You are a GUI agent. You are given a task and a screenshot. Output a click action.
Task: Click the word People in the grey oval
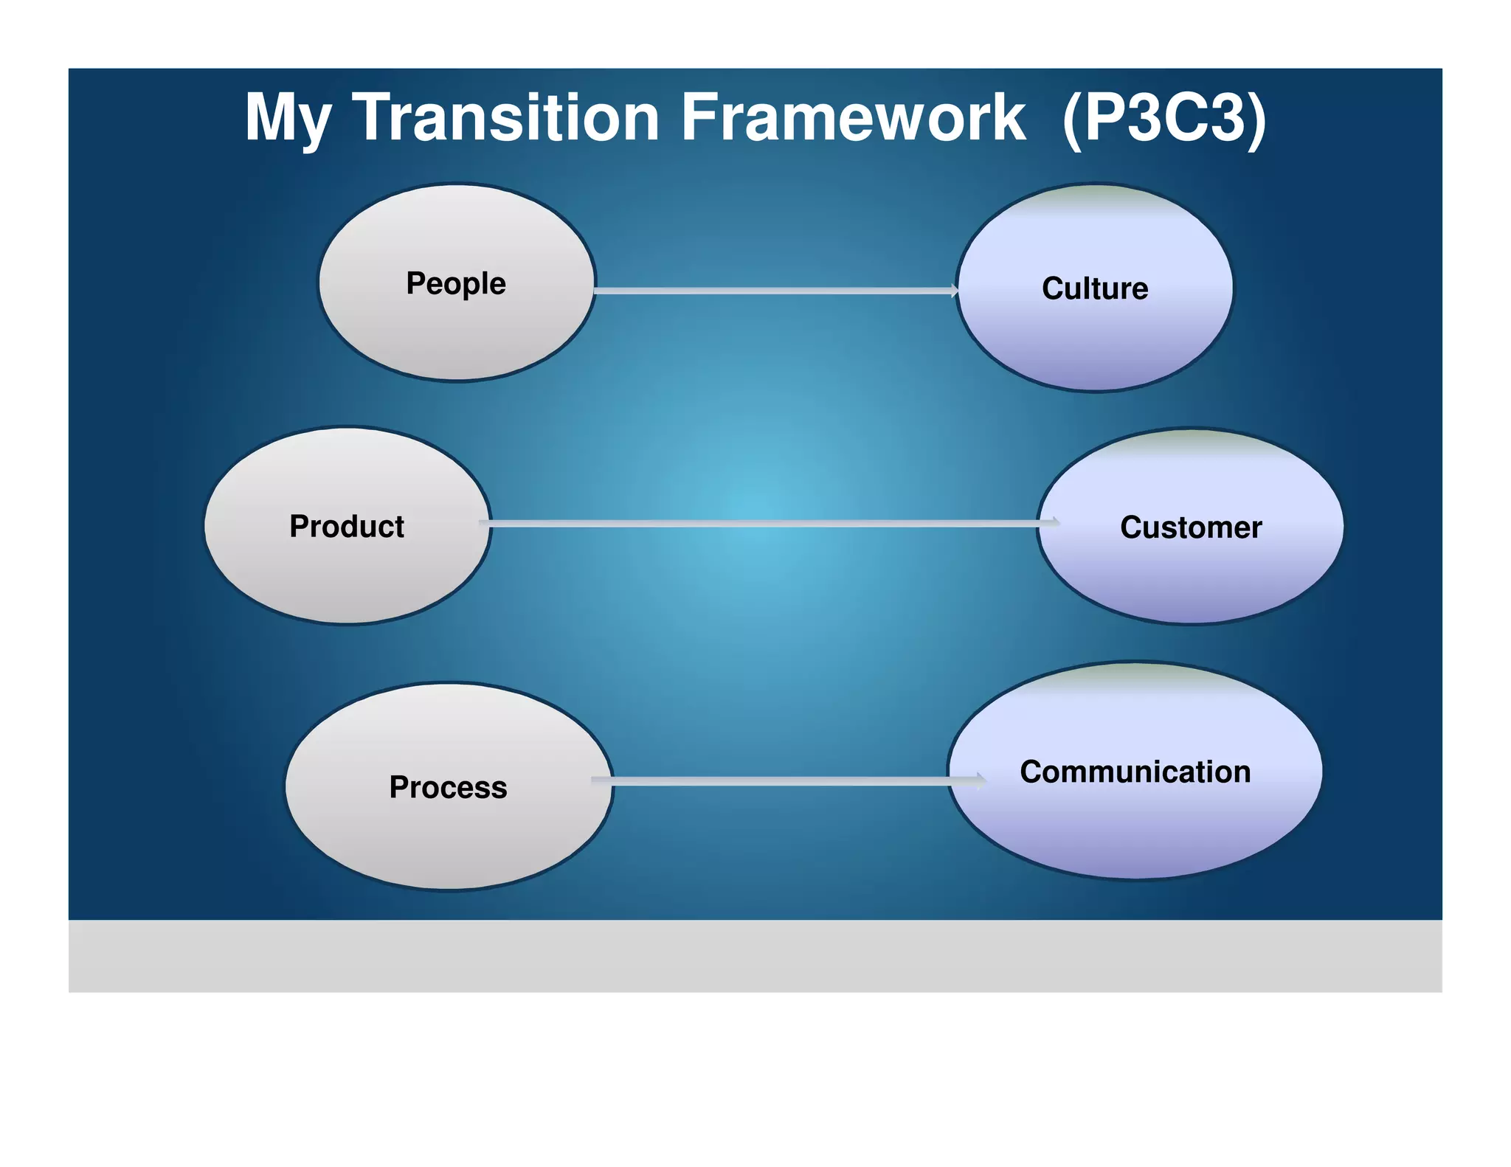coord(456,283)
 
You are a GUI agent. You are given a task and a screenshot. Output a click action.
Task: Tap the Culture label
coord(1095,288)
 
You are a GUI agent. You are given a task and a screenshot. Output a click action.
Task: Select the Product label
coord(347,527)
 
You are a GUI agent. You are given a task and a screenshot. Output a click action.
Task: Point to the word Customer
coord(1191,527)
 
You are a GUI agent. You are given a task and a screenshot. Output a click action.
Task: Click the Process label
coord(448,787)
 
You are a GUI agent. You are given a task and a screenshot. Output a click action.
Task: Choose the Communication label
coord(1135,772)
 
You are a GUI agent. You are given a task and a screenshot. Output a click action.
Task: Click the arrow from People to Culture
coord(775,291)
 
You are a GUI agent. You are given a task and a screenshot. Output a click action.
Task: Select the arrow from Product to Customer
coord(767,524)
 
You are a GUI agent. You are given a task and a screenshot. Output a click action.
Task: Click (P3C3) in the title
coord(1164,118)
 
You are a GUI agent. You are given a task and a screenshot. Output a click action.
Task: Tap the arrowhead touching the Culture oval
coord(954,291)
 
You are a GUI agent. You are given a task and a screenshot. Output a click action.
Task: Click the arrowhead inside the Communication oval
coord(980,781)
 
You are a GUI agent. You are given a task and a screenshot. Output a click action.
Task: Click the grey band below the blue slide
coord(755,956)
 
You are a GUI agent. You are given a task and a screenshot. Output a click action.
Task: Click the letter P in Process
coord(399,787)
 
